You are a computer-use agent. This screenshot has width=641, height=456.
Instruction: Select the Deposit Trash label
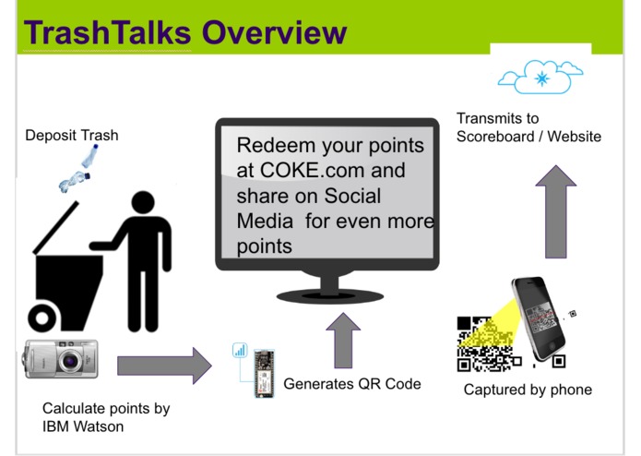71,136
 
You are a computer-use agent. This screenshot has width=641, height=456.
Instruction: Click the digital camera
60,359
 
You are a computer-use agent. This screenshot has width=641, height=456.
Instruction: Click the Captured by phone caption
528,390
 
